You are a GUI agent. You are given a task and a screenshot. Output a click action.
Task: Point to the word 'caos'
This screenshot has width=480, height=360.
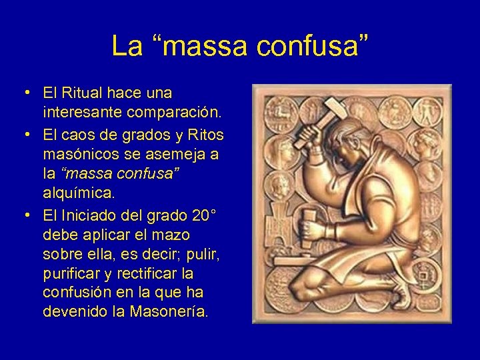(77, 135)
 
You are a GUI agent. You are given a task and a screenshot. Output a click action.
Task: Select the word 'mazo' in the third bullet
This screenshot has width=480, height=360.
(173, 235)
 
